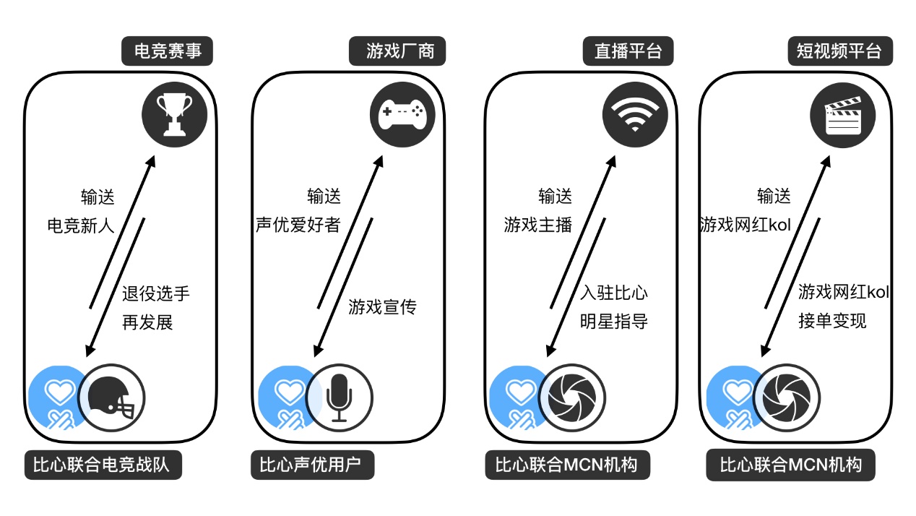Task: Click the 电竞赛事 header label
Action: click(x=168, y=52)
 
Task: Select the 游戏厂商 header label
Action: click(x=397, y=52)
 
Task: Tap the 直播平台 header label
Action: click(x=628, y=52)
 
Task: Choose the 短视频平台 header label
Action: click(x=839, y=52)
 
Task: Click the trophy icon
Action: click(x=175, y=113)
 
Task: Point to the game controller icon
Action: click(x=403, y=113)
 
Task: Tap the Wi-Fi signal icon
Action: click(x=635, y=114)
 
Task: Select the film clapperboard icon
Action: click(x=843, y=114)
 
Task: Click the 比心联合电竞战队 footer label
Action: click(x=102, y=465)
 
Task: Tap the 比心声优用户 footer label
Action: click(x=314, y=465)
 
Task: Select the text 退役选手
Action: click(x=156, y=293)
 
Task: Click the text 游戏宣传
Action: click(x=382, y=307)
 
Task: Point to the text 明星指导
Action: click(x=613, y=321)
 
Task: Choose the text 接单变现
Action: click(x=832, y=320)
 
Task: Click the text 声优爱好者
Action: click(x=298, y=225)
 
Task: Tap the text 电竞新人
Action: click(x=81, y=225)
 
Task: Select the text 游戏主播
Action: click(x=538, y=225)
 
